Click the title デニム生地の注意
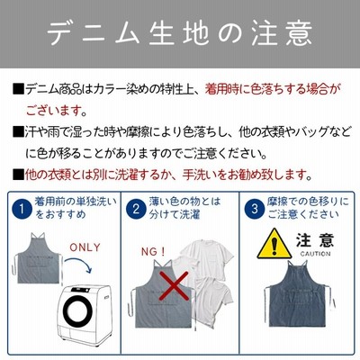pos(180,32)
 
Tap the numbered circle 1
pos(22,209)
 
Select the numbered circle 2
pos(136,209)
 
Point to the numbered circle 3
pos(255,209)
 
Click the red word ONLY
pos(85,247)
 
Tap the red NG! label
pos(153,252)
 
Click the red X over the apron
pos(174,286)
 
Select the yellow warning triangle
pos(274,245)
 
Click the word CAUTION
pos(316,254)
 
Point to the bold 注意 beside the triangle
pos(315,240)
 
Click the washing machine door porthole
pos(78,311)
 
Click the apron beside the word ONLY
pos(39,258)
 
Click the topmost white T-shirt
pos(207,258)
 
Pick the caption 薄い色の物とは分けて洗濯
pos(184,208)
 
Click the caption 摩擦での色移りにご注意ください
pos(308,208)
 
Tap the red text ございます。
pos(57,111)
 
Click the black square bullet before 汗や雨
pos(18,132)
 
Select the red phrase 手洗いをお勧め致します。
pos(247,175)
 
